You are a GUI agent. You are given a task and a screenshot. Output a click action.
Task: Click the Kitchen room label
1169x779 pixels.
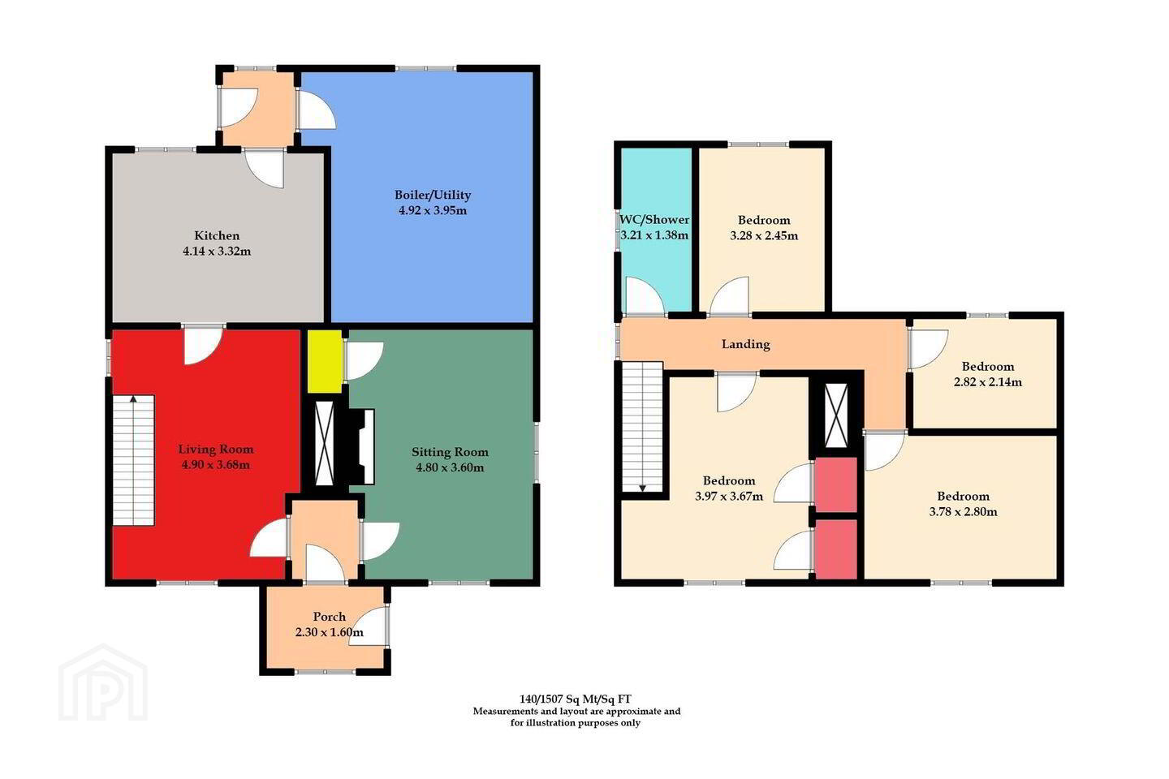click(x=217, y=235)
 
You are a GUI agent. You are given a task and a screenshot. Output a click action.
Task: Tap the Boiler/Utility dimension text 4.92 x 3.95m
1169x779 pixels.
click(x=433, y=211)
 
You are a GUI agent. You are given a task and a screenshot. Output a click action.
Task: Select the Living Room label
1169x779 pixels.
click(x=216, y=450)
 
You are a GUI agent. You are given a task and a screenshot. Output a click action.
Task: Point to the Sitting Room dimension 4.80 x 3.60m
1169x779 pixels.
click(x=450, y=467)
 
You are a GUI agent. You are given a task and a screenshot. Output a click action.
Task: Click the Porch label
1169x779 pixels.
click(x=330, y=617)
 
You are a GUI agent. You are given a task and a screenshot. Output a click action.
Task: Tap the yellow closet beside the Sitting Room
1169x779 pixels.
click(x=324, y=361)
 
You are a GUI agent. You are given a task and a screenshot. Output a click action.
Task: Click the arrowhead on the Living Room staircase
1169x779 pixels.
click(x=133, y=399)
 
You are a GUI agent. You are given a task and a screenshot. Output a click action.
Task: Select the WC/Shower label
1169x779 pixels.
click(x=654, y=220)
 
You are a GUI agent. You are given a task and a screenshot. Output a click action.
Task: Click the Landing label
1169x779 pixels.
click(x=746, y=344)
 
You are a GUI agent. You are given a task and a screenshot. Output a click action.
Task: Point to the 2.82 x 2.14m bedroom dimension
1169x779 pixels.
click(x=988, y=382)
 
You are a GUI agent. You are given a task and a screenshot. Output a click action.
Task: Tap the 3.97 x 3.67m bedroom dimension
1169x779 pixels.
click(x=728, y=496)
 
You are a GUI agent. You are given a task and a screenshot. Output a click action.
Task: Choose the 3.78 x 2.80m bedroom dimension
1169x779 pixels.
click(x=963, y=512)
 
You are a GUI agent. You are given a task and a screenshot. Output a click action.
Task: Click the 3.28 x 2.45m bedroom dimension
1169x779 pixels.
click(x=763, y=236)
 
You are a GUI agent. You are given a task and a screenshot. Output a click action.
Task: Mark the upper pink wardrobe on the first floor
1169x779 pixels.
click(x=836, y=484)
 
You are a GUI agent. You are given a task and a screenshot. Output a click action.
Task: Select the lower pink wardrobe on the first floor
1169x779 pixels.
click(x=836, y=549)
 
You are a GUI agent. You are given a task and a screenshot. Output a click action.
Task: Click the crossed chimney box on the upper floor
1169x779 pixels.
click(x=836, y=415)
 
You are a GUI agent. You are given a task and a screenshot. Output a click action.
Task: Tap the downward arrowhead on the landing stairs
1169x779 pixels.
click(x=642, y=488)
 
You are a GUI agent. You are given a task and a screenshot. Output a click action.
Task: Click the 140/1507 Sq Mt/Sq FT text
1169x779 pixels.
click(x=576, y=699)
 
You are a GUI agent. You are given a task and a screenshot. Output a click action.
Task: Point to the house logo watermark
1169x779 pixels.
click(x=103, y=682)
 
